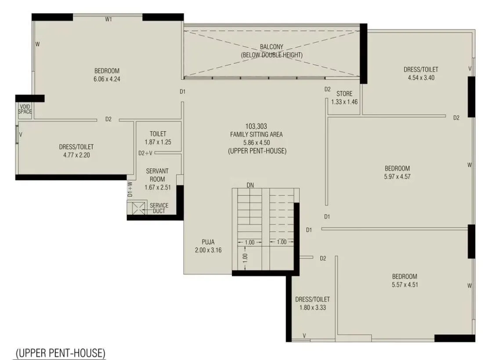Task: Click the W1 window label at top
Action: coord(108,19)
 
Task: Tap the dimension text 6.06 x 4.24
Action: coord(107,79)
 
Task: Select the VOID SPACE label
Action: coord(25,109)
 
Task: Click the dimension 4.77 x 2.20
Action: coord(76,155)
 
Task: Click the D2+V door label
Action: coord(145,153)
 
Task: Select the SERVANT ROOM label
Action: coord(157,175)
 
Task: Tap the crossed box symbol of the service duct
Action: coord(135,208)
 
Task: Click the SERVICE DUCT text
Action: coord(159,208)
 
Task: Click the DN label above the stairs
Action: coord(250,185)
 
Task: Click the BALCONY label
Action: coord(271,47)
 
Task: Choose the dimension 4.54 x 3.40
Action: coord(420,78)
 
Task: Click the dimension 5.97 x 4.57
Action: coord(397,176)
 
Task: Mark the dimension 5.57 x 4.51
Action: coord(404,284)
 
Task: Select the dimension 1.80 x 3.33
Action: coord(312,307)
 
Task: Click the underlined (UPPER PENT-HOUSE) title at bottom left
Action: coord(61,353)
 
